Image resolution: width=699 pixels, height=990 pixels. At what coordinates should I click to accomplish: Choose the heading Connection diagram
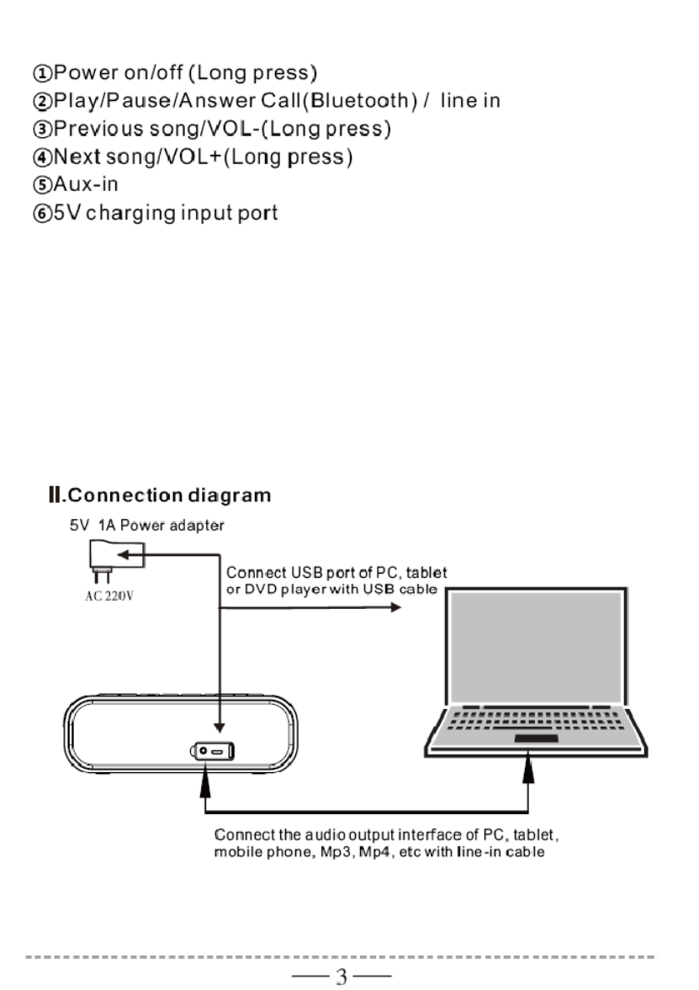click(167, 495)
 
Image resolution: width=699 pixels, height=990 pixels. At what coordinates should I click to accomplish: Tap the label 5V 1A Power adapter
click(146, 526)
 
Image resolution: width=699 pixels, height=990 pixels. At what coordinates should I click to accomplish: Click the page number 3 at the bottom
click(342, 977)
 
